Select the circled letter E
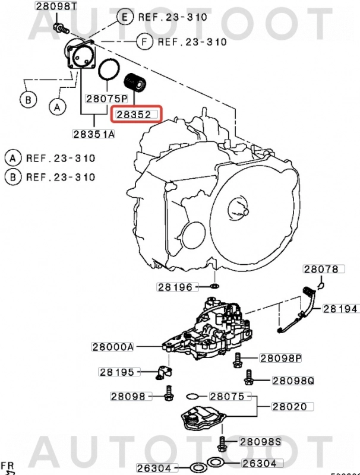[125, 17]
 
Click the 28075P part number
[107, 98]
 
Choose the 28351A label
[94, 134]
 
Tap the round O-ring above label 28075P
[108, 69]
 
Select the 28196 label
[175, 287]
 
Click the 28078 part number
[321, 270]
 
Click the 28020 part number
[289, 407]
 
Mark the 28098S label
[260, 442]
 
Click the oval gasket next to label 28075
[192, 396]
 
